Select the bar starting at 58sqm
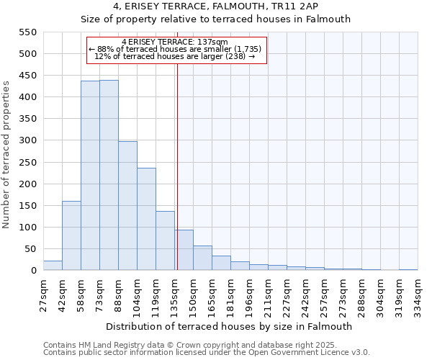pos(90,176)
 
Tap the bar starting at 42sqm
pos(71,235)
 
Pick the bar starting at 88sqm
pos(127,206)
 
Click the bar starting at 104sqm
pos(146,219)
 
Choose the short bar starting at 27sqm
pos(53,266)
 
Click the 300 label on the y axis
pos(27,141)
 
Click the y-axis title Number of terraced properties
pos(6,155)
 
